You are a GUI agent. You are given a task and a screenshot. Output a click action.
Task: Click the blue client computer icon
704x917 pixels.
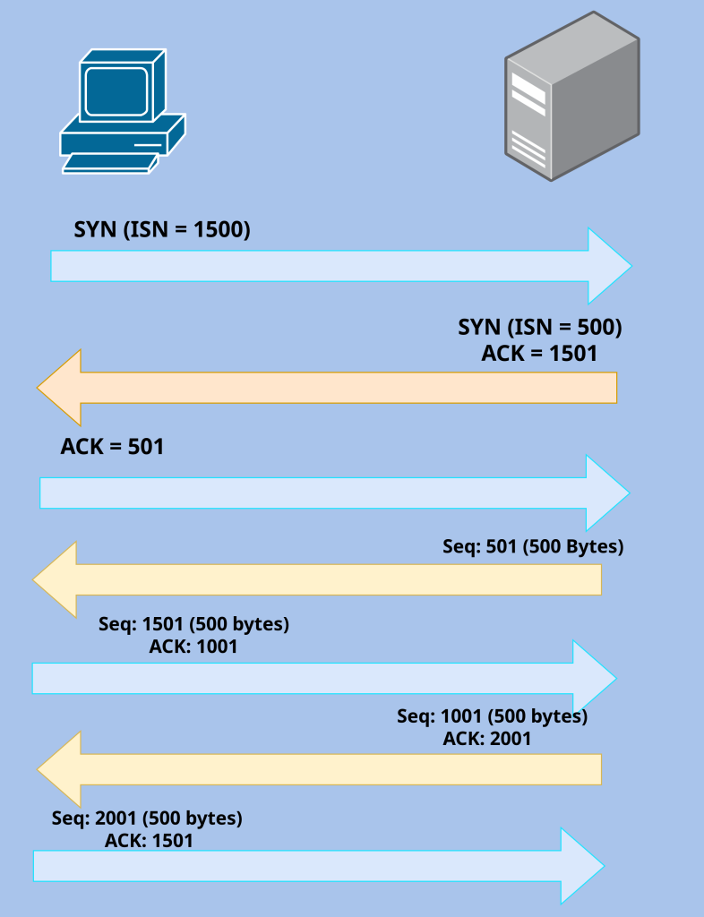click(122, 112)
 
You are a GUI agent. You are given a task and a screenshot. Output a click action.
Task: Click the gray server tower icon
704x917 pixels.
click(571, 97)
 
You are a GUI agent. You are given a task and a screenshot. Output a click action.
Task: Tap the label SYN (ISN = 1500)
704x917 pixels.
click(162, 229)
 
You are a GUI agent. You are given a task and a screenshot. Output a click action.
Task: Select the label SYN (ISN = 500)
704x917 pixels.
click(540, 327)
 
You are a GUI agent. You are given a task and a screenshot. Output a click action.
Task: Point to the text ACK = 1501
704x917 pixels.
click(539, 353)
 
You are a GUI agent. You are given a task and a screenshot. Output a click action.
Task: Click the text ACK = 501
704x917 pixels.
click(113, 446)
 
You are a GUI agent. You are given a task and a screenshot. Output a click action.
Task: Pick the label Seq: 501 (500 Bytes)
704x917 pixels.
click(533, 546)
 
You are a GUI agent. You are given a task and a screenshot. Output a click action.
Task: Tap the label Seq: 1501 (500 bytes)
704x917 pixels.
click(193, 623)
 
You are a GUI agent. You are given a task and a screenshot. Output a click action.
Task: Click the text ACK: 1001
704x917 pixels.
click(193, 646)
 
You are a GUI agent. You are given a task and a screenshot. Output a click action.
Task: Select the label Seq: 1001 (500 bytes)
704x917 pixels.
click(492, 716)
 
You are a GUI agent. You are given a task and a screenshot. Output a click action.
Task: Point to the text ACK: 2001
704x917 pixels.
click(487, 739)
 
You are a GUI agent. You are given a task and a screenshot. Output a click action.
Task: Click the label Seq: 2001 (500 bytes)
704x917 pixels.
click(147, 818)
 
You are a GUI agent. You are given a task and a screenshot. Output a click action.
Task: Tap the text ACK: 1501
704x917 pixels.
click(149, 841)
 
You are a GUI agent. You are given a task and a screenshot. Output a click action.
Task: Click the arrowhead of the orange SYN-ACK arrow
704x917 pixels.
click(61, 387)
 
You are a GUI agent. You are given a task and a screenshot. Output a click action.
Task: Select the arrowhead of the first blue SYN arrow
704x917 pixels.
click(608, 266)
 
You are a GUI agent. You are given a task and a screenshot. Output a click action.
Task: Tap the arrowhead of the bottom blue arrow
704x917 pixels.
click(581, 865)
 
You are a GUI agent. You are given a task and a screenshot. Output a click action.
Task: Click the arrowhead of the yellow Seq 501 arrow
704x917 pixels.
click(56, 579)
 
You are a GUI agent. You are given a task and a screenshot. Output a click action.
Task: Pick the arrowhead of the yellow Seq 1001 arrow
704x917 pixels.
click(61, 768)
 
